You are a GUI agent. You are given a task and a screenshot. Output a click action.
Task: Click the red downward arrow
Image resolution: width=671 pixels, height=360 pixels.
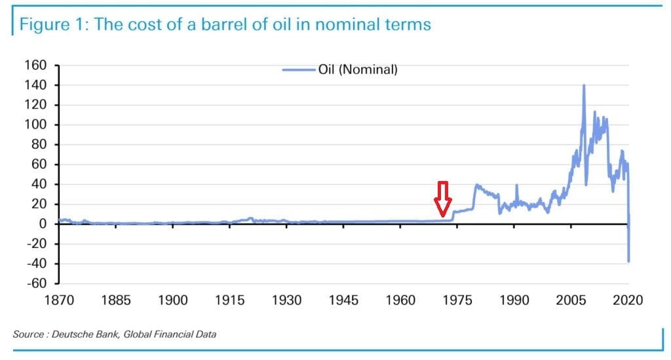pos(442,199)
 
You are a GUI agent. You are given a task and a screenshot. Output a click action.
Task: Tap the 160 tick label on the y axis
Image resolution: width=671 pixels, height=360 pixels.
pos(35,65)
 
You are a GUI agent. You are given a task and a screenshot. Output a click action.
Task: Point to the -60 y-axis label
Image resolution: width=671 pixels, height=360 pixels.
pos(37,283)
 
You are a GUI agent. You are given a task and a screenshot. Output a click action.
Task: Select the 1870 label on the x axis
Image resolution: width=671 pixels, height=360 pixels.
pos(59,300)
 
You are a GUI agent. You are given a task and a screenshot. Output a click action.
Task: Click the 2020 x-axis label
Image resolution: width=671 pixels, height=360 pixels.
pos(628,300)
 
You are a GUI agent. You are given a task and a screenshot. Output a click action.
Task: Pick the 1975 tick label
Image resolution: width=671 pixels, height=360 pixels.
pos(457,300)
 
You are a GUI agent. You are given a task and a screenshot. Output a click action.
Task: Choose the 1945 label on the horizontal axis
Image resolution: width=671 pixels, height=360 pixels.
pos(343,300)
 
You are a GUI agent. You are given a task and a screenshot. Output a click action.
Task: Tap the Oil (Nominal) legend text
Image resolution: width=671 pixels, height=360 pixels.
pos(358,70)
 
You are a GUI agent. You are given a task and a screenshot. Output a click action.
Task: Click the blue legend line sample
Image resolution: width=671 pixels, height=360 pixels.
pos(299,70)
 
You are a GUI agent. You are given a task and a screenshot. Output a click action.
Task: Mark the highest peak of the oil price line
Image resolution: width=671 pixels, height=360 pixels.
pos(584,85)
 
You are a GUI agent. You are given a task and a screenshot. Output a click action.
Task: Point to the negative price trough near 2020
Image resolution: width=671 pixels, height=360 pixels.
pos(628,261)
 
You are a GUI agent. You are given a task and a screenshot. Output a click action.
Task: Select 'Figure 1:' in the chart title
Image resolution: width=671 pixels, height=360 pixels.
pos(54,25)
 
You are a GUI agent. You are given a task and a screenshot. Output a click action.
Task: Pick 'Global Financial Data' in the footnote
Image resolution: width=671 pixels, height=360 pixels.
pos(170,334)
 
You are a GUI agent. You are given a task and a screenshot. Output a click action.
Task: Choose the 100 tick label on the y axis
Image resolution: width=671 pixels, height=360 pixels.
pos(35,125)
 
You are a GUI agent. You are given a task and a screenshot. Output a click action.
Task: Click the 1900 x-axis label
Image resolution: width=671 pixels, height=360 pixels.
pos(173,300)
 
